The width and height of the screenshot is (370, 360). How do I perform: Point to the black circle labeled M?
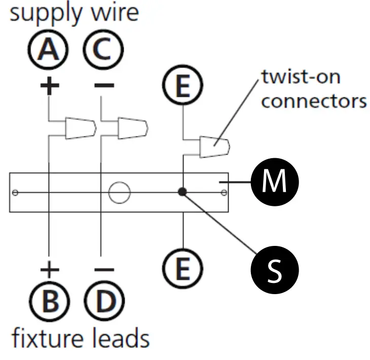(x=274, y=182)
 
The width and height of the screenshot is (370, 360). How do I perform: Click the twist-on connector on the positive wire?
(x=81, y=128)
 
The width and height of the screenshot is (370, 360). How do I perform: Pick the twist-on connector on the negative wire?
(x=132, y=128)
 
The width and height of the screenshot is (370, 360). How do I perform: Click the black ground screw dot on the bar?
(x=182, y=192)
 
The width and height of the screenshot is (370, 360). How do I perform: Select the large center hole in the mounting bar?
(x=120, y=192)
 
